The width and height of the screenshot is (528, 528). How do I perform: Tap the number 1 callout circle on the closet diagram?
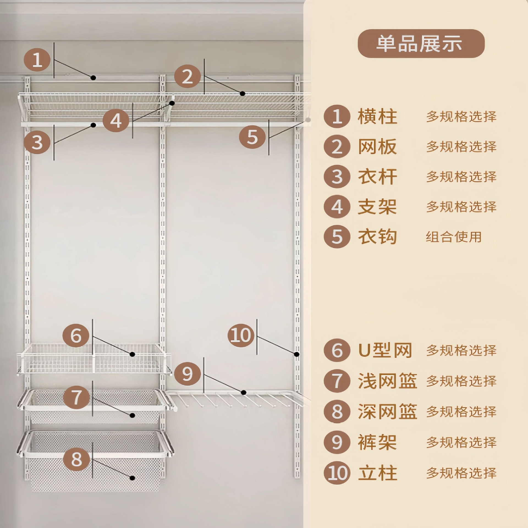coord(37,60)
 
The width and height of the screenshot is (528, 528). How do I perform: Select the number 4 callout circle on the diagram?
coord(116,120)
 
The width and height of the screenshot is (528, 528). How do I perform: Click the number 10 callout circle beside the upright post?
coord(241,335)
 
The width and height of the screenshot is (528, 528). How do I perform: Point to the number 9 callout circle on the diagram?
coord(187,373)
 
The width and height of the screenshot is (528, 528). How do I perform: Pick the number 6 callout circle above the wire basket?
coord(76,335)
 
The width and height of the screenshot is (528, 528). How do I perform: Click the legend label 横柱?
coord(377,117)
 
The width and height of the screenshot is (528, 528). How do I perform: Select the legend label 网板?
coord(377,147)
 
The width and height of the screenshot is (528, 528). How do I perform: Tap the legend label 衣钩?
coord(377,237)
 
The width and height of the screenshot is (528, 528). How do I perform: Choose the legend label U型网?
coord(385,350)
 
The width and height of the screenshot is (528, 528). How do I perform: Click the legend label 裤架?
coord(377,442)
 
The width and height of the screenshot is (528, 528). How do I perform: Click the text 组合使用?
coord(454,237)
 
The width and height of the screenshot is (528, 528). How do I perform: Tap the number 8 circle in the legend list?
coord(337,412)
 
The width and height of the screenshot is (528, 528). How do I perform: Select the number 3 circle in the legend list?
coord(337,177)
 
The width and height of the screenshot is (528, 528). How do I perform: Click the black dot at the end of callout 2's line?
coord(242,94)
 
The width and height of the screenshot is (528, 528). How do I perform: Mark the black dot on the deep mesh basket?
coord(133,478)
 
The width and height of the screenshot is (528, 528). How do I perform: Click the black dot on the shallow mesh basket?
coord(133,415)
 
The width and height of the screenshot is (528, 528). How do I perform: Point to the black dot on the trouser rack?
coord(243,392)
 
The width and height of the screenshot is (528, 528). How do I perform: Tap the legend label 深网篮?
coord(387,412)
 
